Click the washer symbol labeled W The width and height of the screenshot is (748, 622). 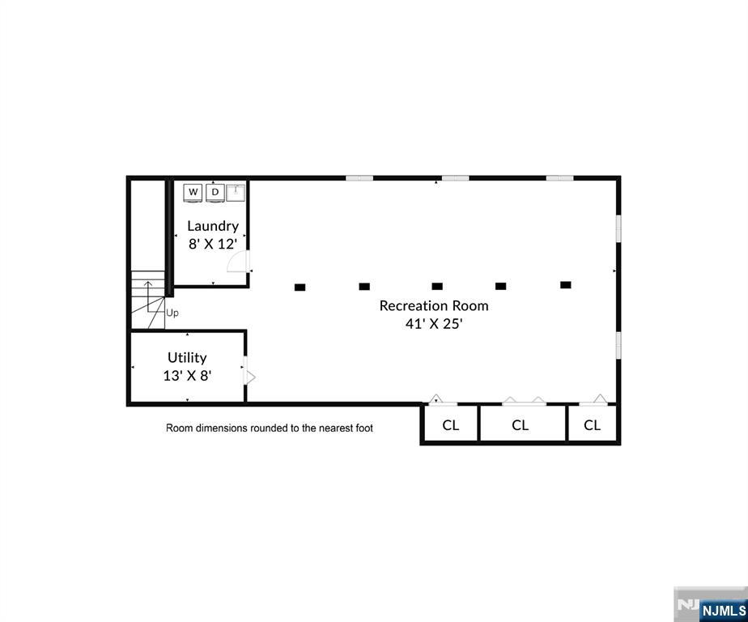(193, 192)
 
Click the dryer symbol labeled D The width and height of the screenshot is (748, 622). (215, 192)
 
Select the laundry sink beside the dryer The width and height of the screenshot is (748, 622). (236, 192)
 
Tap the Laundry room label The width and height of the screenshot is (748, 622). (213, 226)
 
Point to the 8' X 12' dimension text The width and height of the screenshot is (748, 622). (213, 244)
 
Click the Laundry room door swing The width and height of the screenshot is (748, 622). (238, 261)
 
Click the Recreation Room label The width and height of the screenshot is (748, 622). (434, 305)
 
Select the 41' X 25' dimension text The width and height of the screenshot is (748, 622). (434, 323)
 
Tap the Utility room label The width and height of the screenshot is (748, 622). (187, 357)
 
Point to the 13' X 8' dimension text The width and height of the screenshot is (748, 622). (187, 375)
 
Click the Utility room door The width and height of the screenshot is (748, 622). (250, 377)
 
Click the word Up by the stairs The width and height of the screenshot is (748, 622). (172, 313)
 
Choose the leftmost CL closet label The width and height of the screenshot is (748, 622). (451, 425)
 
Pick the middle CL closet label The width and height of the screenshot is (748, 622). (521, 425)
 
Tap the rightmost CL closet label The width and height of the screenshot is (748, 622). (593, 425)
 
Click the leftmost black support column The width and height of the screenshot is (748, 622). (300, 287)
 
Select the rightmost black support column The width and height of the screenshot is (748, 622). (565, 285)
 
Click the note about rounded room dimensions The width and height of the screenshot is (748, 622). (270, 428)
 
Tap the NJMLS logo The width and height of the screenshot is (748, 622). (724, 610)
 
